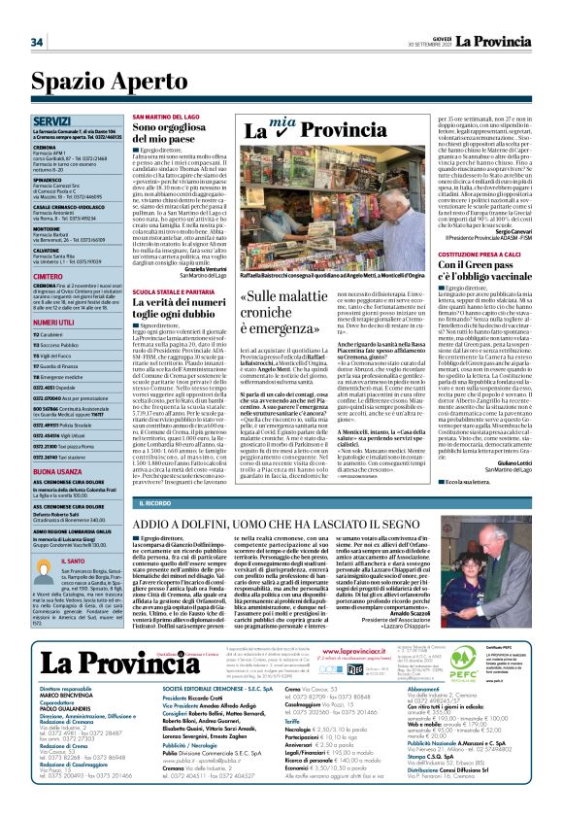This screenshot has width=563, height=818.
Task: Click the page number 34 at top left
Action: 37,42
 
